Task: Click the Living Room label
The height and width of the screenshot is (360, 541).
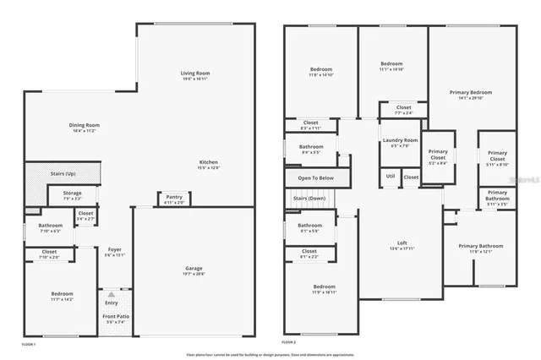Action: click(x=194, y=74)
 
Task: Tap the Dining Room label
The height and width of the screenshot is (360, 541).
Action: click(x=85, y=126)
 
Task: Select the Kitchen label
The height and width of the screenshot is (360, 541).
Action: click(x=209, y=161)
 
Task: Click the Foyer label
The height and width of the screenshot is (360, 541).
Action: click(x=112, y=251)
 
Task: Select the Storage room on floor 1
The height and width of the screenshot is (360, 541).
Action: click(x=73, y=194)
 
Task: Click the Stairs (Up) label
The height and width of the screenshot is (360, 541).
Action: click(x=63, y=173)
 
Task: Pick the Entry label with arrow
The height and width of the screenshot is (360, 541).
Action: click(x=112, y=303)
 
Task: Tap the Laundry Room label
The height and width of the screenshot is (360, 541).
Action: click(x=400, y=140)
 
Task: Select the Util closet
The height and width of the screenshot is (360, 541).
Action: click(x=390, y=176)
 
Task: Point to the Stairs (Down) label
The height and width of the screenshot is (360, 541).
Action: click(x=309, y=198)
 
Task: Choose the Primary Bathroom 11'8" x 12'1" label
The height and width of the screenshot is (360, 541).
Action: click(x=481, y=248)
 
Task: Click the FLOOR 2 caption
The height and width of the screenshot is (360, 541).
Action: click(x=290, y=342)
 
